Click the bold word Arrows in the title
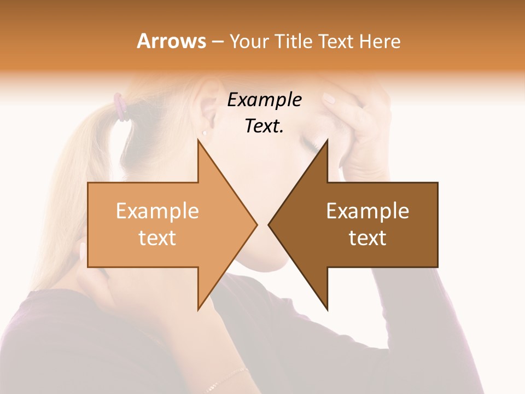(171, 41)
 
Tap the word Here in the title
(380, 42)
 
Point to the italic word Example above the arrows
(264, 100)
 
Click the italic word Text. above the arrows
(264, 126)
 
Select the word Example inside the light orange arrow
(157, 211)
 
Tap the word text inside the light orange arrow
(157, 237)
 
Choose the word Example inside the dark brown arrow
(367, 211)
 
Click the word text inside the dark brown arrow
(367, 237)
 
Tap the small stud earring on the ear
(205, 132)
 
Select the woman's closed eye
(309, 144)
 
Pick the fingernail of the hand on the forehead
(329, 99)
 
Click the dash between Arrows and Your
(217, 42)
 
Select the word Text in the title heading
(336, 42)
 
